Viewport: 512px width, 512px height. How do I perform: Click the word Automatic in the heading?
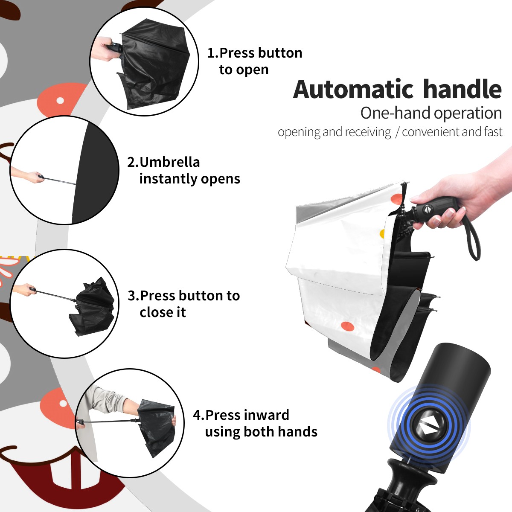pyautogui.click(x=353, y=90)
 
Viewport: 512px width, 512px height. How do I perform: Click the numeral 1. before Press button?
pyautogui.click(x=212, y=53)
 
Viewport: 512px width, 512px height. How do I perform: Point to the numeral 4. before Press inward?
pyautogui.click(x=199, y=415)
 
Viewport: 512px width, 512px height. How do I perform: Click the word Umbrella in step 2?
pyautogui.click(x=169, y=162)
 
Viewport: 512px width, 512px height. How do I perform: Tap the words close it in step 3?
pyautogui.click(x=163, y=312)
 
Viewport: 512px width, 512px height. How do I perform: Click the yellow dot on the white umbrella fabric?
pyautogui.click(x=382, y=233)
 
